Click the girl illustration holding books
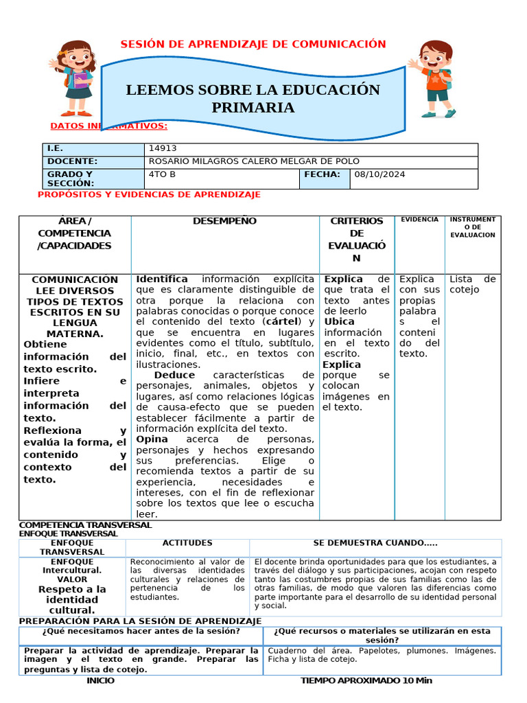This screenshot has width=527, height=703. (x=75, y=77)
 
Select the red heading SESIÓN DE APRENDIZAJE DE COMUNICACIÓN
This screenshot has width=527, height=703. (x=253, y=44)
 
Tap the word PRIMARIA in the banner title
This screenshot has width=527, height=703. (x=253, y=108)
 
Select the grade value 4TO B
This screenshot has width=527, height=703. (x=162, y=174)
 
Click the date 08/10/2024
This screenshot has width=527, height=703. (x=380, y=174)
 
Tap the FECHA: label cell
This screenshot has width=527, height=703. (x=322, y=174)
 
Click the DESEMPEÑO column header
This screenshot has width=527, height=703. (x=224, y=221)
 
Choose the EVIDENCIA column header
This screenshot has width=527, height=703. (x=419, y=220)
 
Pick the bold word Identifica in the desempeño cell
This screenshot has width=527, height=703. (x=162, y=279)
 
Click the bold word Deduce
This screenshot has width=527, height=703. (x=174, y=375)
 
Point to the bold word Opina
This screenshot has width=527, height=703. (x=152, y=439)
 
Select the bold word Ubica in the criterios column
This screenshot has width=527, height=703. (x=339, y=321)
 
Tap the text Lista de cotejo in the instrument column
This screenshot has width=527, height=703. (x=472, y=284)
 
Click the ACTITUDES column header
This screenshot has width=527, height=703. (x=187, y=543)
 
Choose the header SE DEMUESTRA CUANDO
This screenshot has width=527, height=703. (x=375, y=543)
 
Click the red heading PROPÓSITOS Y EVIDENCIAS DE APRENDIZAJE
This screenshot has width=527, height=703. (x=149, y=195)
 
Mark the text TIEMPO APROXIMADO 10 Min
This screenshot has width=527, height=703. (x=366, y=680)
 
